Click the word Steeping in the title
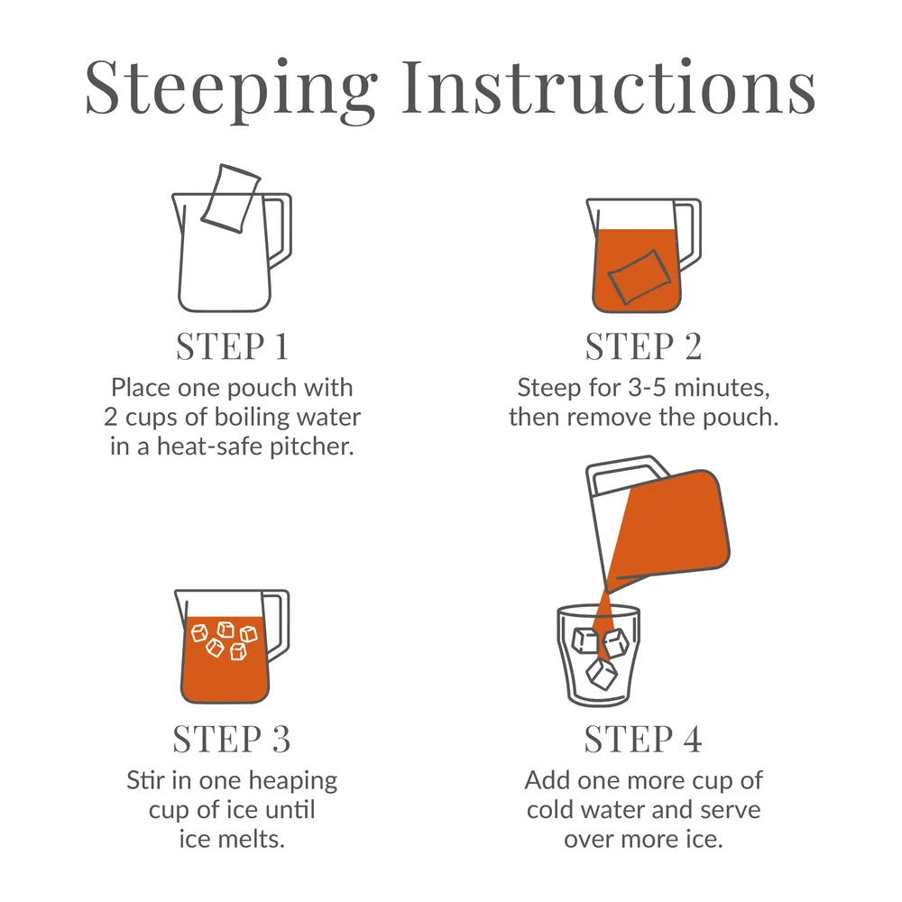[231, 89]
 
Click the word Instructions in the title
[609, 87]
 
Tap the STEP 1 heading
[232, 346]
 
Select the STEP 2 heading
[643, 346]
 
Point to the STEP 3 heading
[231, 739]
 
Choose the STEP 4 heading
[642, 739]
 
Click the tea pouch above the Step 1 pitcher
[231, 198]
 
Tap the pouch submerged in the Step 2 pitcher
[640, 277]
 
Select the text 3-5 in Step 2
[647, 388]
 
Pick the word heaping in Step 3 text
[293, 782]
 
